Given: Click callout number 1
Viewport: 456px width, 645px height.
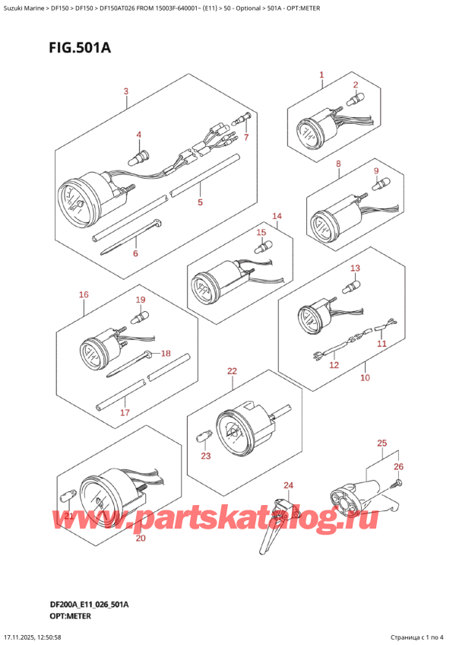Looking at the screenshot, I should tap(321, 75).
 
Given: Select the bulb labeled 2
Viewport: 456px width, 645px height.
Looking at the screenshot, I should tap(352, 100).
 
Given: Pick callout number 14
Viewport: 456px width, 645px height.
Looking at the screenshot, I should tap(277, 216).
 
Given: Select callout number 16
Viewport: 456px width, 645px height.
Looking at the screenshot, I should tap(83, 294).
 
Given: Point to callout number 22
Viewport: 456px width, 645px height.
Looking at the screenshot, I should tap(232, 370).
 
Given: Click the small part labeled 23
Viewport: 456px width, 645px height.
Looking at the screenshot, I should tap(203, 437).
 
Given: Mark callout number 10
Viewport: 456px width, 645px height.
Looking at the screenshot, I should tap(365, 377).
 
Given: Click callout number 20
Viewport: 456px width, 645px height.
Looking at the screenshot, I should tap(139, 539).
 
